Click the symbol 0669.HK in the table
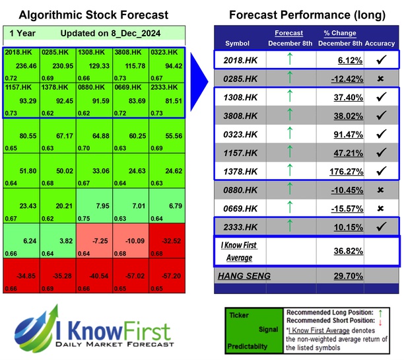[242, 208]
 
